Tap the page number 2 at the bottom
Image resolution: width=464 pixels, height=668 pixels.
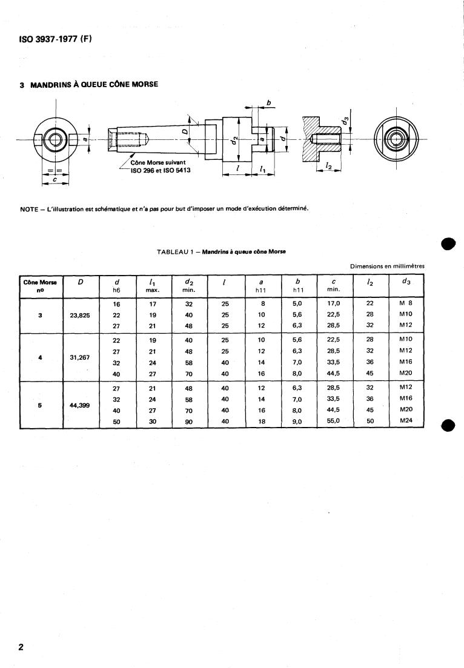pos(21,647)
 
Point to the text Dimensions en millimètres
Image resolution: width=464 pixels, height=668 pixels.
pos(387,266)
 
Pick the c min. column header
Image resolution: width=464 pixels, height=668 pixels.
pos(334,285)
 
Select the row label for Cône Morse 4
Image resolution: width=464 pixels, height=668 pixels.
pos(40,357)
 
